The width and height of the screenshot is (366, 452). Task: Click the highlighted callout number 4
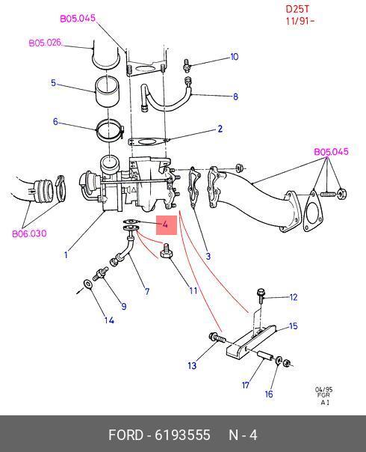tap(165, 225)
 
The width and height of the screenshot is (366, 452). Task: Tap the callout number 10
tap(235, 57)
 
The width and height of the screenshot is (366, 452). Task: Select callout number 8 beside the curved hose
tap(235, 97)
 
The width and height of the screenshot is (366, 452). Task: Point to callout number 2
tap(220, 129)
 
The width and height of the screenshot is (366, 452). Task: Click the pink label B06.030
tap(29, 233)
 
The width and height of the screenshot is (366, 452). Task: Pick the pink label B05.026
tap(46, 43)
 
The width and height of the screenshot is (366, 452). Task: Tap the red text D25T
tap(297, 9)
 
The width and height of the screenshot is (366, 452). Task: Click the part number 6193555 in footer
tap(183, 435)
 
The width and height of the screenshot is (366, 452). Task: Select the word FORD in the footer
tap(125, 435)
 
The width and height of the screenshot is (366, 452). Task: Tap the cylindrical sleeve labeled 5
tap(107, 92)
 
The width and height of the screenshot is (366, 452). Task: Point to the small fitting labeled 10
tap(187, 64)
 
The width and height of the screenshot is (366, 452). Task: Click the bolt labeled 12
tap(261, 296)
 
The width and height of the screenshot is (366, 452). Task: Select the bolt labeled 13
tap(217, 338)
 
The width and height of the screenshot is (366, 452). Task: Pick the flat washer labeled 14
tap(87, 284)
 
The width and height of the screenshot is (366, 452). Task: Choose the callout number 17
tap(246, 385)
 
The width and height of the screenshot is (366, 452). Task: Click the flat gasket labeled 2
tap(147, 142)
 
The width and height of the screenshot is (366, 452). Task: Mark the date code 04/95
tap(323, 389)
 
